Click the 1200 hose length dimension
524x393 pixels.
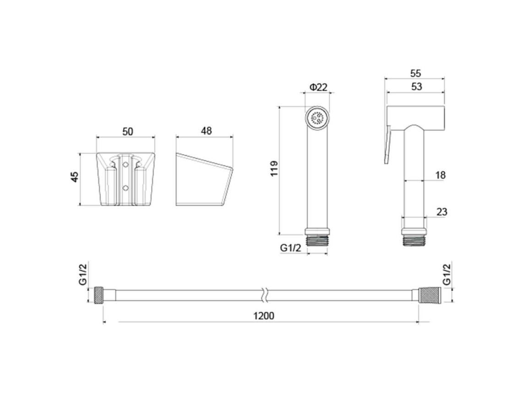pyautogui.click(x=264, y=316)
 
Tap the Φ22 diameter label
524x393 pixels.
pyautogui.click(x=318, y=87)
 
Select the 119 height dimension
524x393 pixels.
pyautogui.click(x=274, y=169)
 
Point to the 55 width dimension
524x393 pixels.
pyautogui.click(x=415, y=73)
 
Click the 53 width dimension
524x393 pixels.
pyautogui.click(x=416, y=87)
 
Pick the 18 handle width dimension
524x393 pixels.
pyautogui.click(x=441, y=175)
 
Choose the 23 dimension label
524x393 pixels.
pyautogui.click(x=442, y=212)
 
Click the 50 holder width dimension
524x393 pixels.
pyautogui.click(x=128, y=131)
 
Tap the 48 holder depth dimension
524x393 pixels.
pyautogui.click(x=206, y=131)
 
